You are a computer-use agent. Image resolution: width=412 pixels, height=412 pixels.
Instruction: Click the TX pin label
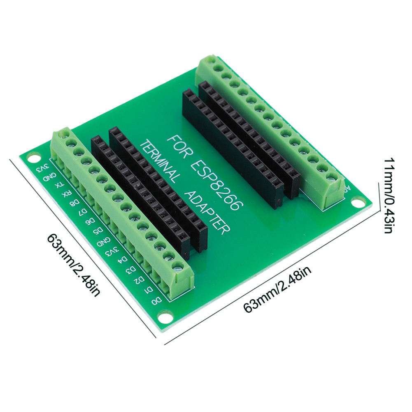click(60, 185)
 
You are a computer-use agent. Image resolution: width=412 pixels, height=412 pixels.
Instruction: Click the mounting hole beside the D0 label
click(165, 317)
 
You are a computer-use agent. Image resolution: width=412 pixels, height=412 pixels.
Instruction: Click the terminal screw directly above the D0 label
click(177, 266)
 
